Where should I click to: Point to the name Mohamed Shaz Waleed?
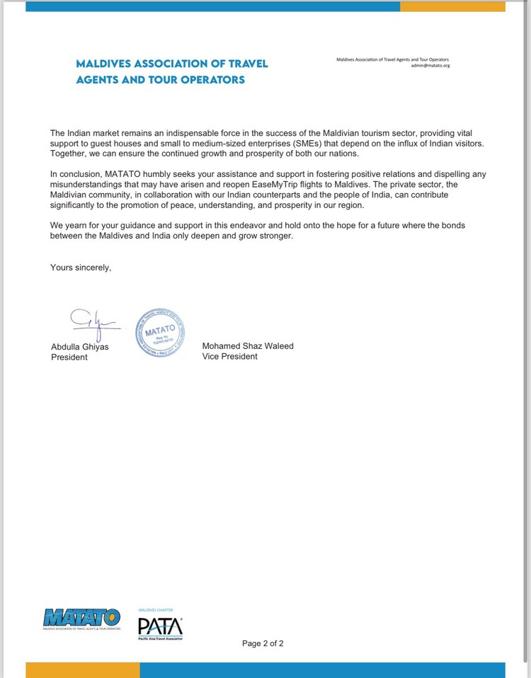[x=248, y=346]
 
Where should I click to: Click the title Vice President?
[x=230, y=357]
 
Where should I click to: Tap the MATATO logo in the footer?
[x=81, y=619]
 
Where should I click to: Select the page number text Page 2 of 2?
[x=263, y=643]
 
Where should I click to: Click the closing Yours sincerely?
[x=81, y=267]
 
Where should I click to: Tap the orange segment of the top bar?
[x=452, y=6]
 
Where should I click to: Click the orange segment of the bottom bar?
[x=82, y=670]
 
